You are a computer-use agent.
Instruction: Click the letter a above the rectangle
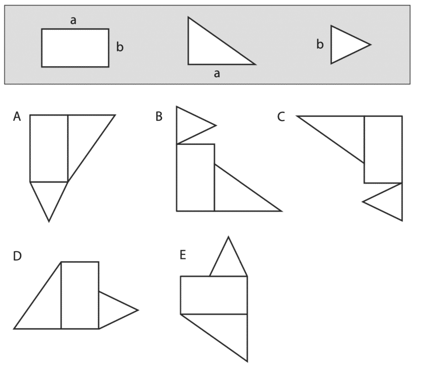[x=73, y=20]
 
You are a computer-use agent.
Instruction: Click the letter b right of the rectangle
[x=120, y=47]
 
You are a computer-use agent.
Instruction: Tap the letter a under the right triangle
[x=217, y=74]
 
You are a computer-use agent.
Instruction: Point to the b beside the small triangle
[x=320, y=44]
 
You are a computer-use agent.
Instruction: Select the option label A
[x=17, y=117]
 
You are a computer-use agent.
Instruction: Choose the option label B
[x=159, y=117]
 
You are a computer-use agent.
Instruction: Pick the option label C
[x=281, y=117]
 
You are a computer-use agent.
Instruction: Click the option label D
[x=17, y=256]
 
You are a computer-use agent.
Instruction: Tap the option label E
[x=183, y=255]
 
